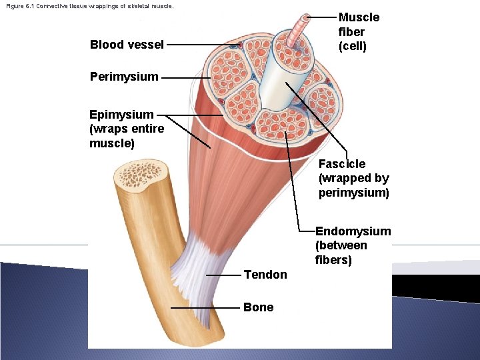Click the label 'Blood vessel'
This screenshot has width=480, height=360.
click(127, 45)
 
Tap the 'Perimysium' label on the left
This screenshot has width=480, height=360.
click(124, 76)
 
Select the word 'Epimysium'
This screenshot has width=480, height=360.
click(121, 115)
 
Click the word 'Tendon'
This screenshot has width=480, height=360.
click(265, 275)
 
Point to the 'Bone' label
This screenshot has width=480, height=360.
click(258, 307)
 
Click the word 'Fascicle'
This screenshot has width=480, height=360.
click(342, 164)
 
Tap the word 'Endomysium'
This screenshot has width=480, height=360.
click(353, 231)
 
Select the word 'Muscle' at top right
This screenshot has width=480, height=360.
click(359, 17)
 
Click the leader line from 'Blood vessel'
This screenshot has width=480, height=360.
click(200, 45)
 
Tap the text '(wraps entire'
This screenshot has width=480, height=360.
click(127, 129)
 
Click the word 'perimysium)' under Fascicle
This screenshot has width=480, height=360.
click(353, 193)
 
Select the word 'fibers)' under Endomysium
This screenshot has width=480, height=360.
click(334, 260)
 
